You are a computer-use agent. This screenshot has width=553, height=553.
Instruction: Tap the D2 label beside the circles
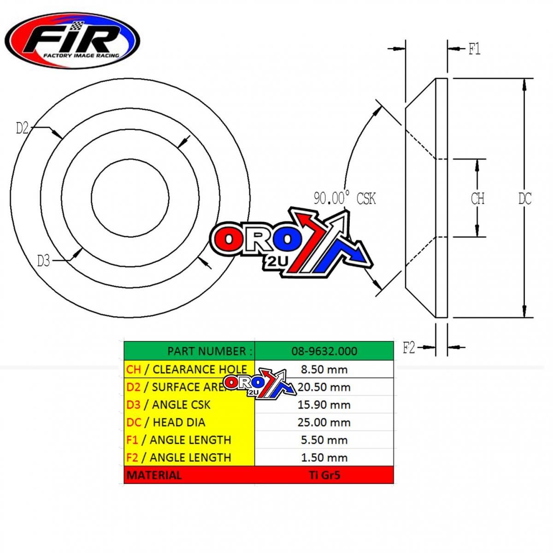tap(22, 128)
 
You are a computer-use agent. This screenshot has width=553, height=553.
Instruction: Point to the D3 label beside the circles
tap(43, 261)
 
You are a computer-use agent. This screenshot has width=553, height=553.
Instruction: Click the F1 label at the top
tap(474, 49)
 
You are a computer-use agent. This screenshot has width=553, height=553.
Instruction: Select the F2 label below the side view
tap(409, 348)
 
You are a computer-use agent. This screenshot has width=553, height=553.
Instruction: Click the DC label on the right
tap(524, 199)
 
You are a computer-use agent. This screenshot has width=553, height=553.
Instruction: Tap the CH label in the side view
tap(477, 199)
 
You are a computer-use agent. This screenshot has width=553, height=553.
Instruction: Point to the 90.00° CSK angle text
tap(345, 199)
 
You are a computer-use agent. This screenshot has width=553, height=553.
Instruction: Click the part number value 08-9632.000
tap(324, 351)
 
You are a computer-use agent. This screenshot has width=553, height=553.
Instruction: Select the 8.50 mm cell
tap(324, 369)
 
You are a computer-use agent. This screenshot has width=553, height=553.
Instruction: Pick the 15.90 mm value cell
tap(324, 405)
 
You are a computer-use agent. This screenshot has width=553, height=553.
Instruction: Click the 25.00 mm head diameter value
tap(324, 422)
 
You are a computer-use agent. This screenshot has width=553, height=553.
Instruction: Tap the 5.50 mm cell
tap(324, 440)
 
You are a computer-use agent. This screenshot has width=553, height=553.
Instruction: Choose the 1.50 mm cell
tap(324, 457)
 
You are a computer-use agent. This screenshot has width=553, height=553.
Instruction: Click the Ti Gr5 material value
tap(324, 475)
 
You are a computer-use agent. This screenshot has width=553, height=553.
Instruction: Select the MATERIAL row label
tap(154, 475)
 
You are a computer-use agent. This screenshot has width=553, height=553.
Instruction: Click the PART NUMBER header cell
tap(189, 351)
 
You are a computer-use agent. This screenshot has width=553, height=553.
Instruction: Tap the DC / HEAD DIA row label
tap(166, 422)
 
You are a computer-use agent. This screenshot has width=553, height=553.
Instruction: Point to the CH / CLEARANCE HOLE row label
tap(187, 369)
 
